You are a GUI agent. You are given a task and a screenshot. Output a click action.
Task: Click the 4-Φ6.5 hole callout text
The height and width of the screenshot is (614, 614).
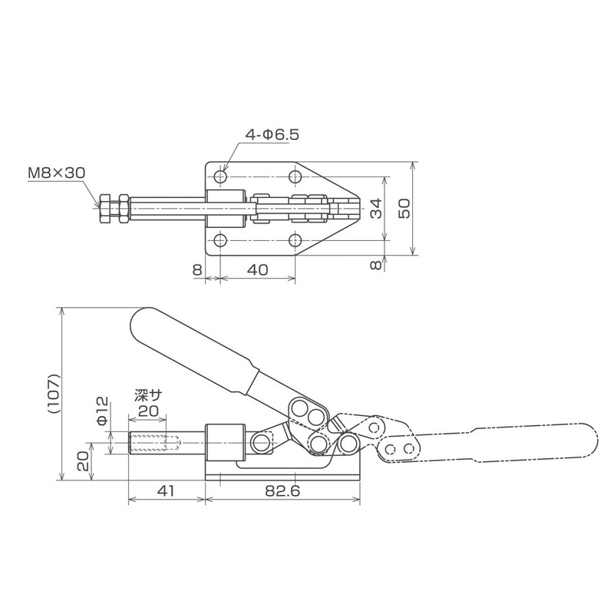(x=272, y=134)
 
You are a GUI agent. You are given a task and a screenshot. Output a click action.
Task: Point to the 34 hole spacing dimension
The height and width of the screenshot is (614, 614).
(x=375, y=208)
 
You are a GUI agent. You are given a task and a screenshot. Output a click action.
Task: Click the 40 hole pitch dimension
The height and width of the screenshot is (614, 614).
(x=257, y=269)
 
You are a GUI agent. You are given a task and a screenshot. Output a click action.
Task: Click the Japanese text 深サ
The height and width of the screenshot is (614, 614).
(x=148, y=396)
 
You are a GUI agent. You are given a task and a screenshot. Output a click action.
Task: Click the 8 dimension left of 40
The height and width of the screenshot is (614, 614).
(x=197, y=269)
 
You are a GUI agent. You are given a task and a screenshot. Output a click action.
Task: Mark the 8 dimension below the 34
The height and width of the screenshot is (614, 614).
(x=375, y=265)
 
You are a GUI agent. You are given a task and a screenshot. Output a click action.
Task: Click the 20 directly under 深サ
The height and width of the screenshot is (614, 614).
(x=148, y=411)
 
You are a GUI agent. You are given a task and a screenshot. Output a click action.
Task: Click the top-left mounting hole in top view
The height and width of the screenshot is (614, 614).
(x=221, y=177)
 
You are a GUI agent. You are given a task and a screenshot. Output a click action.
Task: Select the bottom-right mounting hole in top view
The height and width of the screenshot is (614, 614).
(x=295, y=239)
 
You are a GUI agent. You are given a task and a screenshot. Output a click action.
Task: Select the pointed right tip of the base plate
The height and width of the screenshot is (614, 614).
(x=359, y=208)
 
